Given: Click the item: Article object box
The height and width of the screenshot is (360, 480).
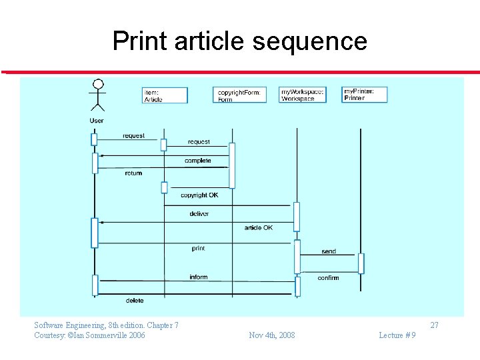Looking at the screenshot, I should [x=165, y=95].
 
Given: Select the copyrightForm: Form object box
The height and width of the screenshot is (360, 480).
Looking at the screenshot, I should [x=239, y=95].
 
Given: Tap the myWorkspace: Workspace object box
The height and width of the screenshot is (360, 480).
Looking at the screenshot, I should [x=302, y=95].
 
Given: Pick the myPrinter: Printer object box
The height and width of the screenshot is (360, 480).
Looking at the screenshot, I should [x=364, y=94].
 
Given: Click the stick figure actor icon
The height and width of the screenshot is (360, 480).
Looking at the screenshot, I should [x=98, y=95].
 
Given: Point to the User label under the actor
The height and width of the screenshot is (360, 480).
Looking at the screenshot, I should [x=97, y=121].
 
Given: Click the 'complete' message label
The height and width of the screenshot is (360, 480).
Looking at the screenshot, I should [x=197, y=161].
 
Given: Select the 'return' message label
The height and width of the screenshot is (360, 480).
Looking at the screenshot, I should [x=133, y=173].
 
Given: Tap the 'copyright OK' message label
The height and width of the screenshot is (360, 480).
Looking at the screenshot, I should [x=199, y=195].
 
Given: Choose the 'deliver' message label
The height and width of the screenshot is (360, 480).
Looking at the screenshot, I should [x=199, y=214].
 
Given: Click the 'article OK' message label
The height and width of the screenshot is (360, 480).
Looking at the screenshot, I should [x=258, y=228].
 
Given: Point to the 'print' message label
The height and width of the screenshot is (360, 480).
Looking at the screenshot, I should [x=198, y=249].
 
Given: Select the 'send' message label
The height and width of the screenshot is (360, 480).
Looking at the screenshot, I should [x=329, y=252].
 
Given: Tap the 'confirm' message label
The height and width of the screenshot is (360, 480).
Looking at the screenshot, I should [x=328, y=278].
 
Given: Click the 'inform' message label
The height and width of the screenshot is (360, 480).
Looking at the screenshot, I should [x=198, y=277].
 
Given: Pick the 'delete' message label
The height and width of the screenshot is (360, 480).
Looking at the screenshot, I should [x=135, y=301].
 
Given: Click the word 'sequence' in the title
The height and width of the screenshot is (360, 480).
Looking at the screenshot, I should [x=310, y=41].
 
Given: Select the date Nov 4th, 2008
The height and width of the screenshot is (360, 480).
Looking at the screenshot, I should [x=271, y=335].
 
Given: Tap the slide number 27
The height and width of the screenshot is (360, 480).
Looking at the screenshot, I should [x=434, y=325].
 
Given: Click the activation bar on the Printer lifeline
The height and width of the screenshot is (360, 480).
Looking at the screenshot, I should [x=361, y=263].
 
